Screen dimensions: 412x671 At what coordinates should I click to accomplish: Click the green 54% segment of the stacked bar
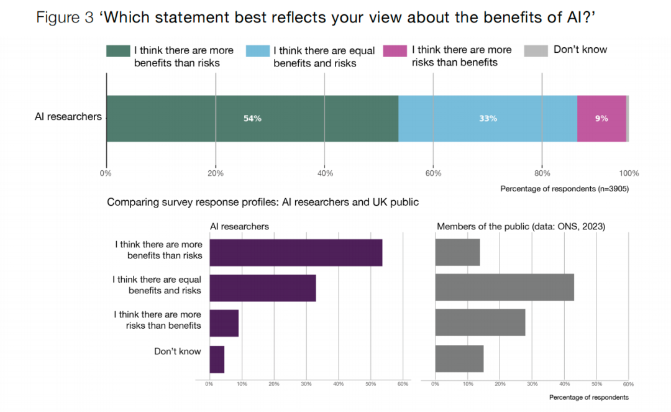pos(252,119)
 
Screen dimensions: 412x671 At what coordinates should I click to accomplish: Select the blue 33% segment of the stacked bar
pos(488,119)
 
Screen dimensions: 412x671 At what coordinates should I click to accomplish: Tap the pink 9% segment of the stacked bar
pos(601,119)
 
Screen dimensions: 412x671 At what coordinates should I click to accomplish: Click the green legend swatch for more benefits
pos(117,51)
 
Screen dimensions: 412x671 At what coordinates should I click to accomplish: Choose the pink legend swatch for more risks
pos(395,51)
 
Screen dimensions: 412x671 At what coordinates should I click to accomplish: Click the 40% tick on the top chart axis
pos(324,173)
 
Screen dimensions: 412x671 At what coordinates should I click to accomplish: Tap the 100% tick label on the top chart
pos(629,173)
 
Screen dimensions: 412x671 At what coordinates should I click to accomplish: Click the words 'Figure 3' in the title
pos(65,17)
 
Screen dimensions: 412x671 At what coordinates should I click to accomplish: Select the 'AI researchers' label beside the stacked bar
pos(68,117)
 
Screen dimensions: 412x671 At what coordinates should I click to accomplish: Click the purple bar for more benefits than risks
pos(296,252)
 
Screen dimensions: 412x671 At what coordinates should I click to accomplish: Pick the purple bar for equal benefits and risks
pos(263,288)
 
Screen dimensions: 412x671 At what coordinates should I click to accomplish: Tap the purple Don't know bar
pos(217,359)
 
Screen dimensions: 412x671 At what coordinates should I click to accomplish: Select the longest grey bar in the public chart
pos(504,288)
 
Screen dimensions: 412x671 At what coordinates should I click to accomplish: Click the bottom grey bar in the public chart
pos(459,359)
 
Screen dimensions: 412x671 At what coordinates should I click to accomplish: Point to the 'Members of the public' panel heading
pos(521,227)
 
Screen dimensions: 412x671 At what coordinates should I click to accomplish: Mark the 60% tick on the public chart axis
pos(628,384)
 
